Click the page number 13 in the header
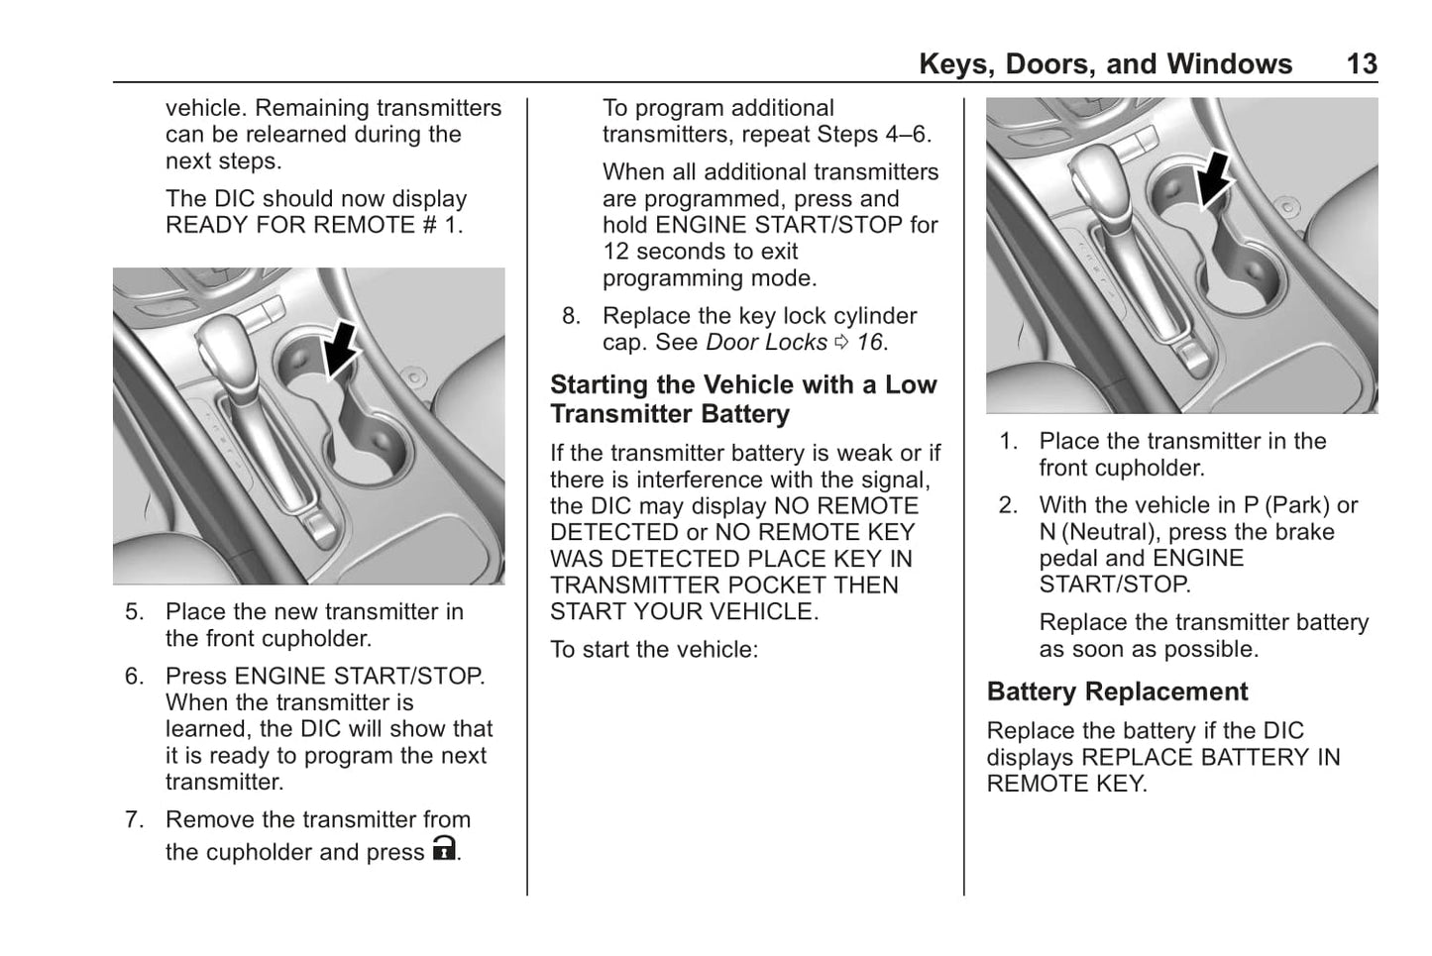tap(1361, 64)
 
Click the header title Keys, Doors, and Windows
tap(1105, 64)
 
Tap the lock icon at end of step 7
tap(445, 849)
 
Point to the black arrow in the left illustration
tap(341, 348)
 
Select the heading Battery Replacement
tap(1117, 691)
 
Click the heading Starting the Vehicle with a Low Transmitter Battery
tap(742, 398)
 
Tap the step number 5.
tap(134, 612)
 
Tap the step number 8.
tap(571, 316)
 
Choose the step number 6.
tap(134, 677)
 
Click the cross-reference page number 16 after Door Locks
tap(869, 343)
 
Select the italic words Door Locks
tap(765, 343)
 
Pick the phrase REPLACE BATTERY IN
tap(1210, 758)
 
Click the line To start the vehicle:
tap(653, 650)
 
